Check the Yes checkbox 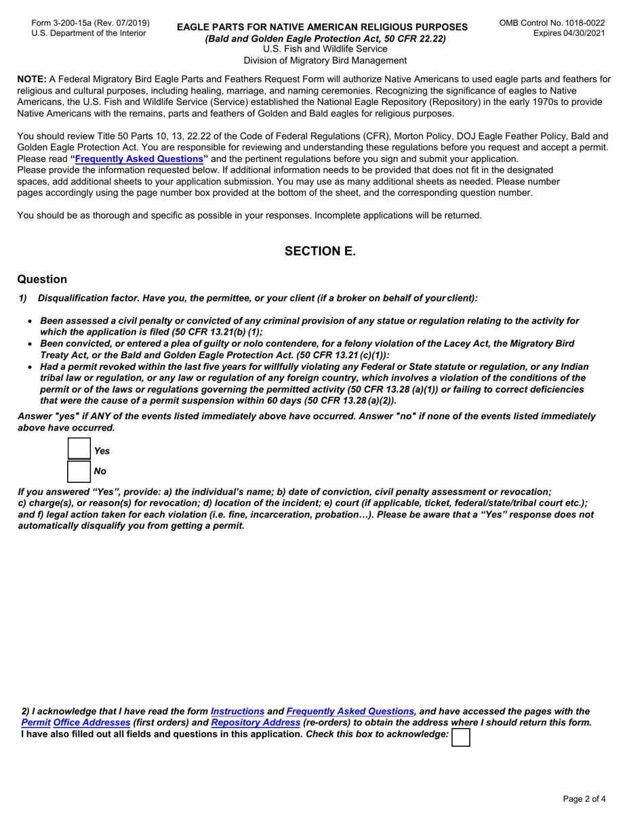click(79, 450)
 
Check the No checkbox click(79, 471)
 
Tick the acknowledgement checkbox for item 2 click(461, 736)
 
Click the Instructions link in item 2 click(237, 711)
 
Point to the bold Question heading click(42, 279)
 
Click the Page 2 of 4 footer click(584, 798)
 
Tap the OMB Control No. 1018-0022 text click(552, 22)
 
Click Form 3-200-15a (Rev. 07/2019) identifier click(90, 23)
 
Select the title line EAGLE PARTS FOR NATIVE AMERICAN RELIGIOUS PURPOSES click(322, 27)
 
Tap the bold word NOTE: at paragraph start click(31, 79)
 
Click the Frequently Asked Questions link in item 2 click(350, 711)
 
